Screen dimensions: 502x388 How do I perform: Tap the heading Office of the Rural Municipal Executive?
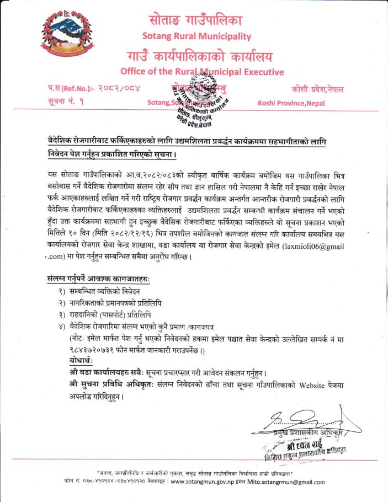point(201,72)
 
